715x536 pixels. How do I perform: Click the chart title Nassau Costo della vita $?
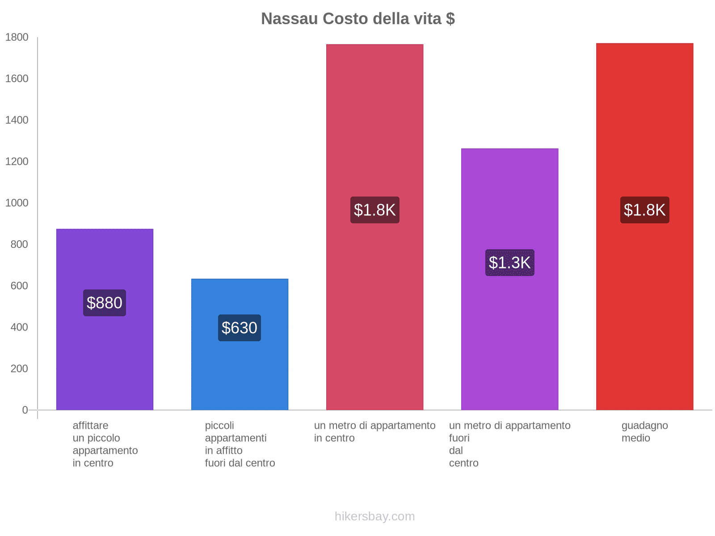(358, 19)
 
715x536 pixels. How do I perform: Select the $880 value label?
(105, 303)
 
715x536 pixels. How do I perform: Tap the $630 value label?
(240, 328)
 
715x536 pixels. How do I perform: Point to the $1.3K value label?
(509, 263)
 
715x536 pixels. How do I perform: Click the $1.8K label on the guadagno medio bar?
(644, 210)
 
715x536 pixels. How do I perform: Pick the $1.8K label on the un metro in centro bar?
(374, 210)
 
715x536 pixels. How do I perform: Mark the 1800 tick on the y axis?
(17, 38)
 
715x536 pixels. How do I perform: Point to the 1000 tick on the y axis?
(17, 203)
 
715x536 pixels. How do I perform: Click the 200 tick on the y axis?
(19, 369)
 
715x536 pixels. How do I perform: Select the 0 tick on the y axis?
(25, 410)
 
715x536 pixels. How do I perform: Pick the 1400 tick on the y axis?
(17, 120)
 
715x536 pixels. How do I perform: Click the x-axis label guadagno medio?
(644, 432)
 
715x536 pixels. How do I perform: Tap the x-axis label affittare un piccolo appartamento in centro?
(105, 444)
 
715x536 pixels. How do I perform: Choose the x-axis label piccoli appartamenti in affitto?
(240, 444)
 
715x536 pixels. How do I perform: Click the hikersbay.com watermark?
(374, 516)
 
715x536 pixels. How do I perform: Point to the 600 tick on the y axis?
(19, 286)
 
